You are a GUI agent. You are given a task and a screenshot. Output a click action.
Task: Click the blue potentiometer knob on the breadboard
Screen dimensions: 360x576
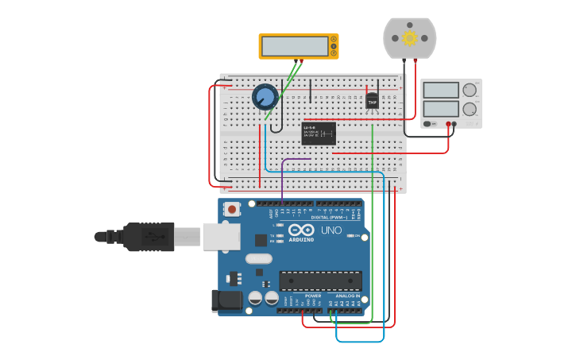[265, 97]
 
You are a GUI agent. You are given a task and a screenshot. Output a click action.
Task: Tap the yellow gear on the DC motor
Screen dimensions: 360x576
[410, 37]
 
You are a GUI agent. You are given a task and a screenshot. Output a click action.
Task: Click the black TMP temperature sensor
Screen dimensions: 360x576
[372, 101]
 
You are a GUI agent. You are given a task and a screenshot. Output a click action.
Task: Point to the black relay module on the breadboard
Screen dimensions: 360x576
[319, 133]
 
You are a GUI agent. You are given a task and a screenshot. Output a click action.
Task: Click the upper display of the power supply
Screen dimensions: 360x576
[441, 90]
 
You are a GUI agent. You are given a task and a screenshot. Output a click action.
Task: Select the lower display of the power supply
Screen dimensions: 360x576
[441, 109]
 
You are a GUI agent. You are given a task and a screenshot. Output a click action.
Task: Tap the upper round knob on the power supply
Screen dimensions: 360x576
[470, 90]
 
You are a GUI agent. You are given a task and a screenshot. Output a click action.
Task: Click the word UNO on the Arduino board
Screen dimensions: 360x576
[331, 230]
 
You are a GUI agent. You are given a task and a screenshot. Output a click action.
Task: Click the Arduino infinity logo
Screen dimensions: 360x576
[301, 230]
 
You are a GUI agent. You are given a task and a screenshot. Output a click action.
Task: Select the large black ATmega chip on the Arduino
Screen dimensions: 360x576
[320, 281]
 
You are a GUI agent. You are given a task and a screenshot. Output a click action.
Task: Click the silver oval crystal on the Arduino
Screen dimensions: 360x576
[259, 258]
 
